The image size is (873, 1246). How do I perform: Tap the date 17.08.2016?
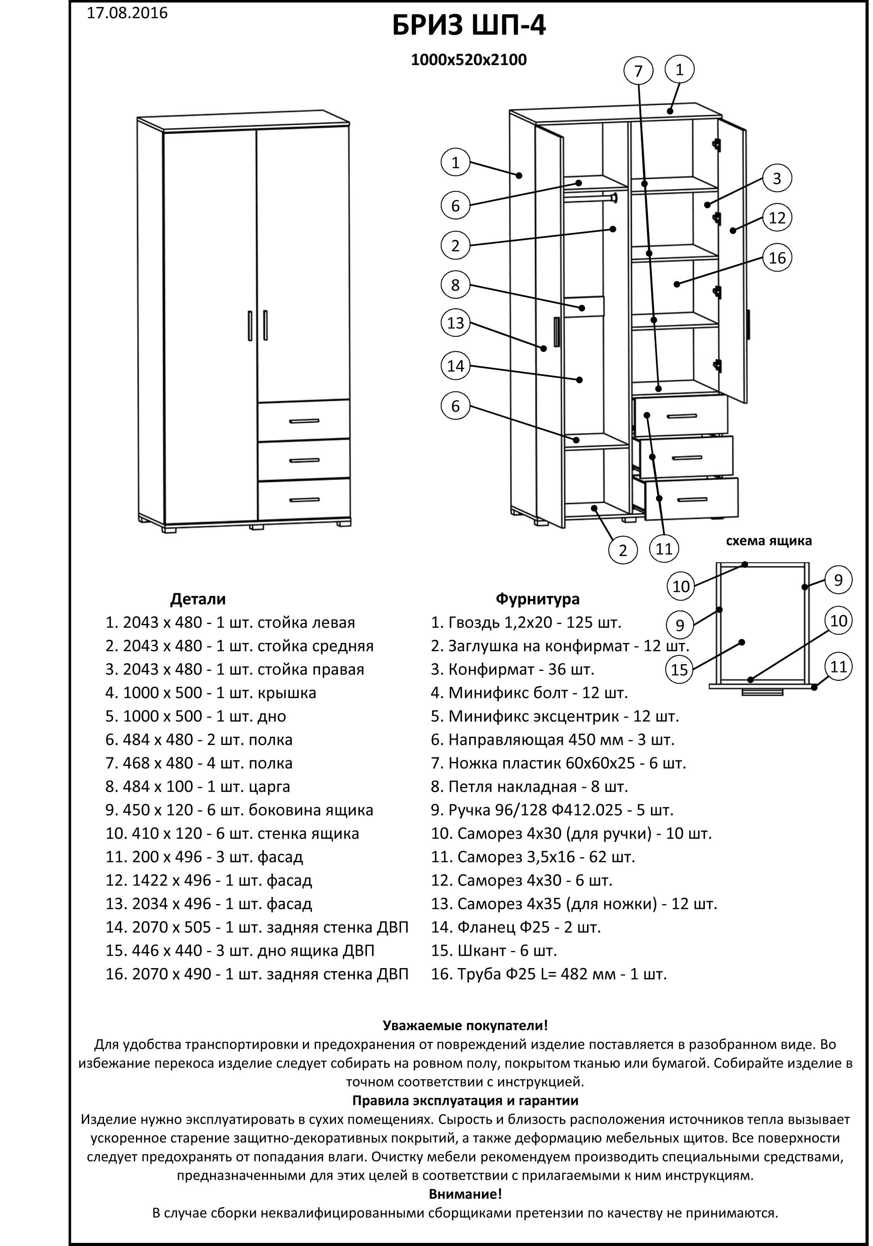[x=127, y=13]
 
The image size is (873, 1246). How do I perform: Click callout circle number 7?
[x=638, y=71]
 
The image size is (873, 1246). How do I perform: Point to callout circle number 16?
[x=777, y=257]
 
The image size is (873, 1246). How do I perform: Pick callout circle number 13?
[x=455, y=323]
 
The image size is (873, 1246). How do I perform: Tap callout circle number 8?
[x=455, y=285]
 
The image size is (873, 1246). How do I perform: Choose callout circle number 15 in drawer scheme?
[x=679, y=669]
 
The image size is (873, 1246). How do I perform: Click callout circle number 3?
[x=777, y=178]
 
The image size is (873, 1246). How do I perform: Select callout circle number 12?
[x=777, y=218]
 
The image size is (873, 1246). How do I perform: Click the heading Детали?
[x=198, y=599]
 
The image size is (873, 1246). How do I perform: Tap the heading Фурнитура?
[x=537, y=599]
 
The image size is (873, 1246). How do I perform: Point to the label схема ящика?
[x=768, y=541]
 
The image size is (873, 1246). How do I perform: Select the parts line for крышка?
[x=210, y=693]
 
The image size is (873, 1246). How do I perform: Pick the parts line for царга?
[x=198, y=786]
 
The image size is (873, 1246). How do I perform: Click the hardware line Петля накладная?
[x=529, y=786]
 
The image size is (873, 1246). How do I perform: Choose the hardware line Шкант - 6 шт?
[x=494, y=950]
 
